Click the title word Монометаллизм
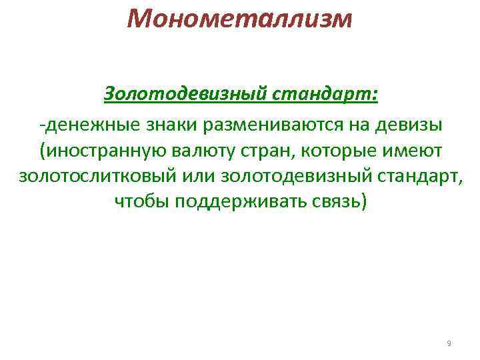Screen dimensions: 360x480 (x=239, y=19)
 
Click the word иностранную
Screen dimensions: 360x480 (x=99, y=151)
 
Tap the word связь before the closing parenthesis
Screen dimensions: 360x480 (x=337, y=201)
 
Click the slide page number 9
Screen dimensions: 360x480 (x=449, y=343)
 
